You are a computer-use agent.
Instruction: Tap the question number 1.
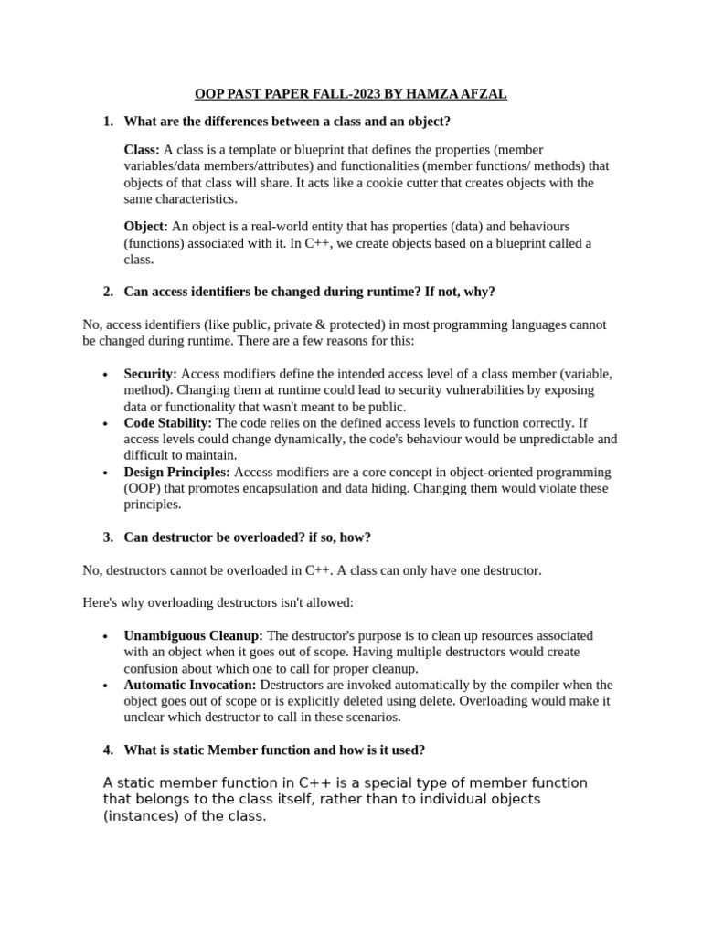click(108, 122)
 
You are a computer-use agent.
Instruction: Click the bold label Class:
click(142, 150)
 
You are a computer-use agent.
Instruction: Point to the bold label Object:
click(145, 226)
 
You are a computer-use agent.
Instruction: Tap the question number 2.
click(108, 292)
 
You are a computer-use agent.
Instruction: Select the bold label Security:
click(150, 374)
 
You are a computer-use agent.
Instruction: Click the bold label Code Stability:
click(167, 423)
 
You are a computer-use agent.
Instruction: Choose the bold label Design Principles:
click(177, 472)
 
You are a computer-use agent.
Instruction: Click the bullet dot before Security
click(106, 375)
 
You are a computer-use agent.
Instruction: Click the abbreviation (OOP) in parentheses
click(141, 488)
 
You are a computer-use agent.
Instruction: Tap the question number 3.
click(108, 537)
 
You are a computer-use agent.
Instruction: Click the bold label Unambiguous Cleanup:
click(193, 635)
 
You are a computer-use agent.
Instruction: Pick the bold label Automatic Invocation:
click(190, 685)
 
